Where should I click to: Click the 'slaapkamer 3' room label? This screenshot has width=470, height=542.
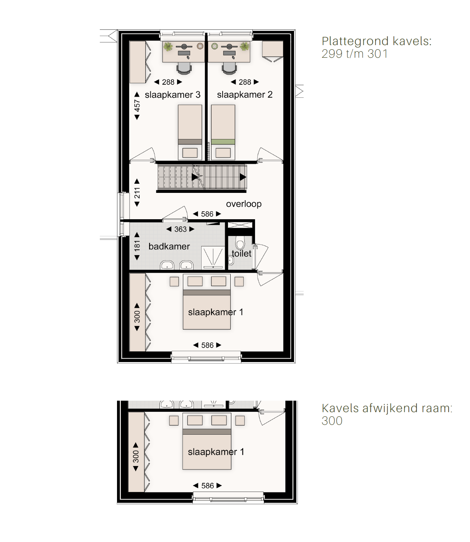pos(172,95)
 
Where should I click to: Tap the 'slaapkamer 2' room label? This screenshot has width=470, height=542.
pos(245,95)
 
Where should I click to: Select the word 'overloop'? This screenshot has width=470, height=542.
pos(244,204)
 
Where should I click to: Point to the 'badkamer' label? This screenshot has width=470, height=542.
pos(169,246)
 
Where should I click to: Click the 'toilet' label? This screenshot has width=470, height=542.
pos(242,254)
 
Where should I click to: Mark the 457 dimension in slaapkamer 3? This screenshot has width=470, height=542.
pos(137,106)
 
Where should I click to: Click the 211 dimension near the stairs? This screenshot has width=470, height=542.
pos(137,193)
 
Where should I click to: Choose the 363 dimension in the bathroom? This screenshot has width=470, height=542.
pos(181,230)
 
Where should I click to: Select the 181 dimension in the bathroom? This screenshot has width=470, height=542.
pos(137,246)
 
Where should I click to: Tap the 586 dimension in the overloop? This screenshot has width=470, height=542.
pos(207,214)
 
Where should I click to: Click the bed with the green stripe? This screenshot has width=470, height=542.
pos(223,133)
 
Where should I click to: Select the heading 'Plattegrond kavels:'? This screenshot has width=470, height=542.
pos(377,41)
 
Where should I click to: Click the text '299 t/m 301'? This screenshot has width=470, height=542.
pos(355,54)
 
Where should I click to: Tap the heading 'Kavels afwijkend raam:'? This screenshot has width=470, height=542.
pos(387,408)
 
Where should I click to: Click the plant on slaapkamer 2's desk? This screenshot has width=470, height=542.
pos(245,47)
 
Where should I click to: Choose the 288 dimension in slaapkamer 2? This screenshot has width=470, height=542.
pos(245,83)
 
